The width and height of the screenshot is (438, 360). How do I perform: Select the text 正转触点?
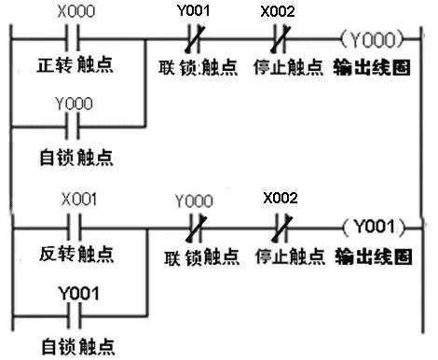tap(75, 68)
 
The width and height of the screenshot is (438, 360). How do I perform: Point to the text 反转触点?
tap(75, 253)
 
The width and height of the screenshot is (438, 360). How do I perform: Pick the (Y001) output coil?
tap(373, 225)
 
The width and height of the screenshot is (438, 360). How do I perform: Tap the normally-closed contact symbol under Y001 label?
tap(194, 41)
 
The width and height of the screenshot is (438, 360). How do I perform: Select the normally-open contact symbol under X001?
tap(75, 226)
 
